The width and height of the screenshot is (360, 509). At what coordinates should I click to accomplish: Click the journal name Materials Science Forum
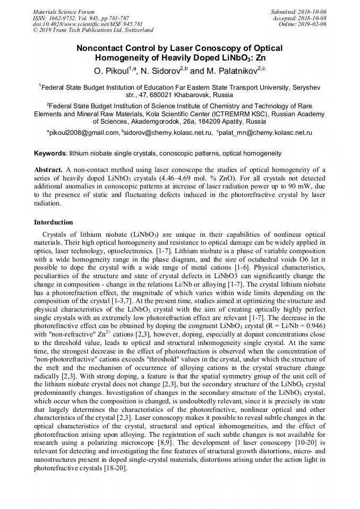coord(64,11)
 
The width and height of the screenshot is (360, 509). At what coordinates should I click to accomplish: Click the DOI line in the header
coord(88,24)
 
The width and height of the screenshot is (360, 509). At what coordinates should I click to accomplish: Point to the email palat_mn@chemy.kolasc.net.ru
coord(265,132)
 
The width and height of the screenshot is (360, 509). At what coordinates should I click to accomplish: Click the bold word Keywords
coord(50,153)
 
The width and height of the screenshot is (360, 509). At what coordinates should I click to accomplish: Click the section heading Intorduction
coord(54,222)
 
